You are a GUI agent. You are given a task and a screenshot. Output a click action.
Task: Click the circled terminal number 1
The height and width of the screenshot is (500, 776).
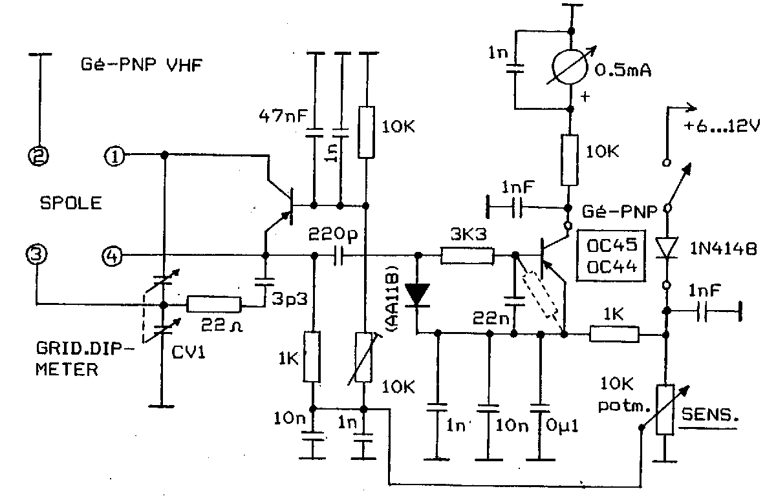[x=114, y=156]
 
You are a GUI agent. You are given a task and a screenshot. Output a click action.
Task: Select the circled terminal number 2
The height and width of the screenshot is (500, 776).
[x=38, y=156]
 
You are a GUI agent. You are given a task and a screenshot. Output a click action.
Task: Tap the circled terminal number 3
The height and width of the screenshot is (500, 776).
[x=36, y=255]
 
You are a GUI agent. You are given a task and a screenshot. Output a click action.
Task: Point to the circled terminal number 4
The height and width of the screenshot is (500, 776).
[x=113, y=256]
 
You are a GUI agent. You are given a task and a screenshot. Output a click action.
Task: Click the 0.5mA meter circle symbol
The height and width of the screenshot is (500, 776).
[x=570, y=67]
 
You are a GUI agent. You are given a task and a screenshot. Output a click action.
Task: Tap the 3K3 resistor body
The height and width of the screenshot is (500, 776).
[x=468, y=256]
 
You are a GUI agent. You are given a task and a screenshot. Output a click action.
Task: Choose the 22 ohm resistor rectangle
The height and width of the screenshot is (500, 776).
[x=214, y=304]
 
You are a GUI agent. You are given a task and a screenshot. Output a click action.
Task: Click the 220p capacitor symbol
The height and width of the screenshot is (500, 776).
[x=338, y=256]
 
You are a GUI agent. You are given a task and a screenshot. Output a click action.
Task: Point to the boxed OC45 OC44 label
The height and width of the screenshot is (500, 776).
[x=612, y=256]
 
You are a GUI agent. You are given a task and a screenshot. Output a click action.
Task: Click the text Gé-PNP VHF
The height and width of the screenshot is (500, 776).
[x=142, y=65]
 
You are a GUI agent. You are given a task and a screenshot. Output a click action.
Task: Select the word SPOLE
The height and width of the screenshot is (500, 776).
[x=71, y=203]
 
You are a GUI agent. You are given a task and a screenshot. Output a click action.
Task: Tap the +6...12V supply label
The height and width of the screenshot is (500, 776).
[x=722, y=125]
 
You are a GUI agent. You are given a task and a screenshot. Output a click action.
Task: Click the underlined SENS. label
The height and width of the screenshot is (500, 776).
[x=709, y=415]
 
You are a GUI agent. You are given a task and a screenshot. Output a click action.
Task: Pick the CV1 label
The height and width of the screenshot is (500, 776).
[x=188, y=352]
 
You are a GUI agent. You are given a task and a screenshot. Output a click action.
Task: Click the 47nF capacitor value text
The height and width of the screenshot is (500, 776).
[x=283, y=116]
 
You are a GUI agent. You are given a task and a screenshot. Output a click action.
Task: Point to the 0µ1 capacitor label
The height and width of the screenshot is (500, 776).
[x=562, y=426]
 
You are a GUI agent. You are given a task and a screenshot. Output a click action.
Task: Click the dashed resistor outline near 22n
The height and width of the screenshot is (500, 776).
[x=540, y=295]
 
